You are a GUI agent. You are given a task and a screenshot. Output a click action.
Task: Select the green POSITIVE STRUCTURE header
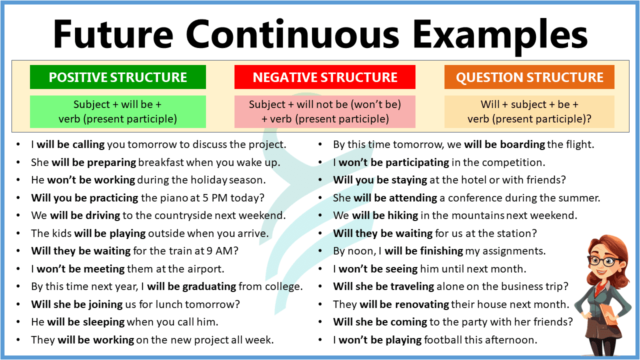(118, 77)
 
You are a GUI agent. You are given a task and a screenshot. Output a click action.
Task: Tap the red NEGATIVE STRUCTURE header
(325, 77)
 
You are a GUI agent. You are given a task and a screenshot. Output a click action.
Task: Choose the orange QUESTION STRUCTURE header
(529, 77)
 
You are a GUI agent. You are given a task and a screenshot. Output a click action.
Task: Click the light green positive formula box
(118, 111)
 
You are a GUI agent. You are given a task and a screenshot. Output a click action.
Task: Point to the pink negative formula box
(325, 111)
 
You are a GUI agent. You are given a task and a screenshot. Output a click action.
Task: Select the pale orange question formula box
(529, 111)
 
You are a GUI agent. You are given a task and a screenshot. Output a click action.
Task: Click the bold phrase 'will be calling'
(70, 144)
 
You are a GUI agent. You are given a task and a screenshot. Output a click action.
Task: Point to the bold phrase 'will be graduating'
(191, 286)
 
